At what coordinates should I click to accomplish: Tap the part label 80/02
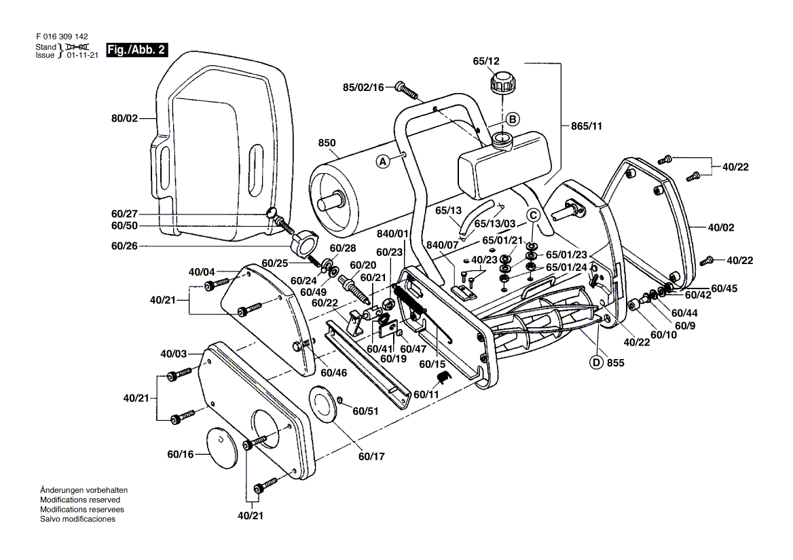[124, 118]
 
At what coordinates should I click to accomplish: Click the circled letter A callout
[383, 162]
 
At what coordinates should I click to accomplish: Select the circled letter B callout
[513, 119]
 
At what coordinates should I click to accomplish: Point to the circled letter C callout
[533, 216]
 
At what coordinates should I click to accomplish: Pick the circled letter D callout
[596, 362]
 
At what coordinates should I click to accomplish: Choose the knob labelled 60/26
[306, 241]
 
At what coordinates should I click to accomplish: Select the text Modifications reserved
[80, 500]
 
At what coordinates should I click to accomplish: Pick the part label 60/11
[426, 394]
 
